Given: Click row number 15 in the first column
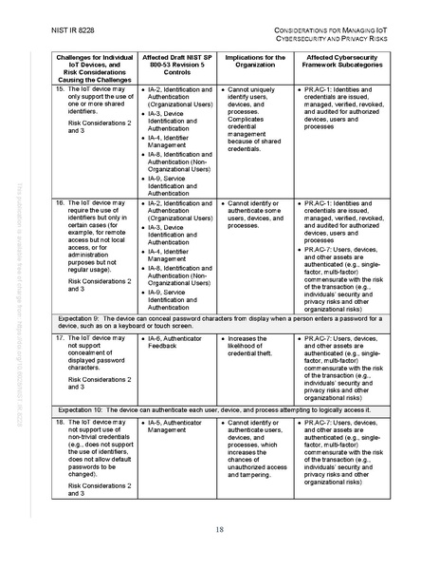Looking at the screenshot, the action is point(59,88).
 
